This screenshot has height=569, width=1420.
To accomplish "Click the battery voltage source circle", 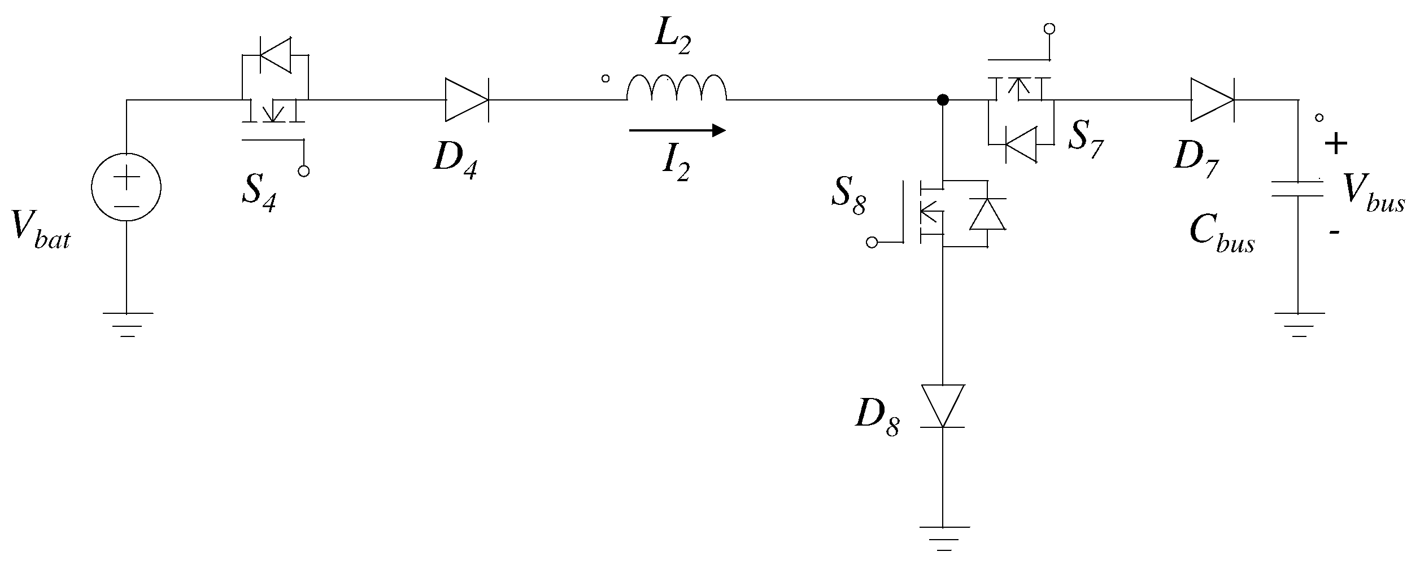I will click(x=127, y=188).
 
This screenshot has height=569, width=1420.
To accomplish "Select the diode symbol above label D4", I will click(x=467, y=100).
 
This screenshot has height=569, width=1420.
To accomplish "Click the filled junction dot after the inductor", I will click(x=942, y=100).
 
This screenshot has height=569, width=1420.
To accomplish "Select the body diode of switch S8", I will click(x=987, y=214).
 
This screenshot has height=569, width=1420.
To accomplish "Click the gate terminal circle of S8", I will click(x=872, y=243).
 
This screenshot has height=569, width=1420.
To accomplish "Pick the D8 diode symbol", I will click(x=942, y=406).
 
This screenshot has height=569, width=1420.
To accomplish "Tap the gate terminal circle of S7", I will click(x=1049, y=28).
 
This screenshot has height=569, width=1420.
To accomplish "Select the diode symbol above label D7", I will click(x=1212, y=100).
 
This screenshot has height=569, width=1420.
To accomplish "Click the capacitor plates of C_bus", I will click(x=1298, y=189).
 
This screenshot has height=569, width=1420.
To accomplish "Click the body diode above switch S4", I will click(x=275, y=55).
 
